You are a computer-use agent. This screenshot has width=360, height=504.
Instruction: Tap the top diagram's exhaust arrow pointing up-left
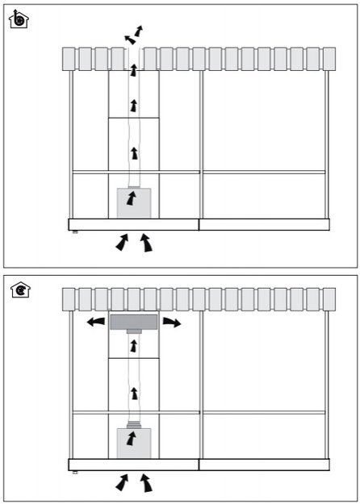point(129,39)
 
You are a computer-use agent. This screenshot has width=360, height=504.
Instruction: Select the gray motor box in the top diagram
point(133,202)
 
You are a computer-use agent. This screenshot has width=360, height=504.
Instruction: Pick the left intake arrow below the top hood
point(123,241)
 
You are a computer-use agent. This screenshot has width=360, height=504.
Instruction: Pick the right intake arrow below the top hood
point(146,242)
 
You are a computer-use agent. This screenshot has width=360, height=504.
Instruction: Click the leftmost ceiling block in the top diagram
point(69,58)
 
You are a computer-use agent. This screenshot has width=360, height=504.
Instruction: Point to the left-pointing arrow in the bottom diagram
point(96,323)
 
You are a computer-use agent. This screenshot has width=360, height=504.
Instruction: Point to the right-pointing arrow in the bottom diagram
point(171,323)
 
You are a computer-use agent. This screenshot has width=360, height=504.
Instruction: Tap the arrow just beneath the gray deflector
point(133,348)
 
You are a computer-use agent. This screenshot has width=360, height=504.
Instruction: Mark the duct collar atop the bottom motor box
point(133,424)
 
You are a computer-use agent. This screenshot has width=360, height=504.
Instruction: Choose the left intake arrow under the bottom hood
point(123,481)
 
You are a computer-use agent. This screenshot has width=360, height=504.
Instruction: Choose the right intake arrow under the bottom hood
point(146,482)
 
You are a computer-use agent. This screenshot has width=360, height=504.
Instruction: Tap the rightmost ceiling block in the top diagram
point(329,58)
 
